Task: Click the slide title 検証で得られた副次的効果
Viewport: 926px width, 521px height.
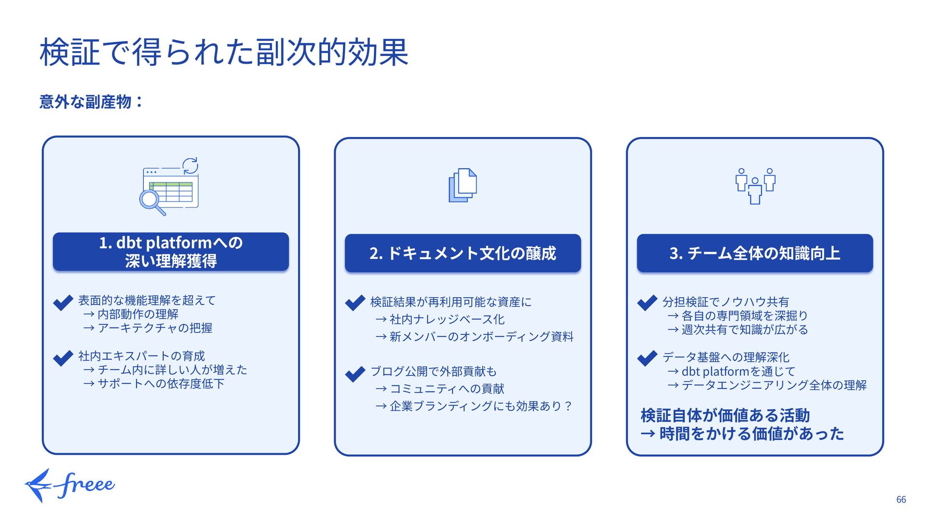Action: [224, 52]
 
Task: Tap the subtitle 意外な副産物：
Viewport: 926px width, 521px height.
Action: [91, 102]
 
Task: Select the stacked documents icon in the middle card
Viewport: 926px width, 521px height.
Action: [463, 185]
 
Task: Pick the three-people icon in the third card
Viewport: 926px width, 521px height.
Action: [755, 186]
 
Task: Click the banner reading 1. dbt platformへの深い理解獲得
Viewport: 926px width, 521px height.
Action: [171, 252]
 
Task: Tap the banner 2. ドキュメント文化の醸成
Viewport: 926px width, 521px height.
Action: [463, 253]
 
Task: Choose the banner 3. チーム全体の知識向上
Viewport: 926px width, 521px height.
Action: [755, 253]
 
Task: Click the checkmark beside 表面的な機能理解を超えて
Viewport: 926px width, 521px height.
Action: [63, 302]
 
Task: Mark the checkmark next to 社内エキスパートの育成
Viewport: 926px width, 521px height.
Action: [63, 358]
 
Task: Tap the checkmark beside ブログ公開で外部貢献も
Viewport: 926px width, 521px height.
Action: [355, 373]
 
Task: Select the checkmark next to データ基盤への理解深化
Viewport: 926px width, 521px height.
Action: [647, 358]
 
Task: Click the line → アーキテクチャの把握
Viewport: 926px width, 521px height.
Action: [148, 328]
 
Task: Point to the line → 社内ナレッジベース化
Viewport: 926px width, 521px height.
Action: [440, 319]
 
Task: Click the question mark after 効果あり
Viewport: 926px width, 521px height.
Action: [568, 406]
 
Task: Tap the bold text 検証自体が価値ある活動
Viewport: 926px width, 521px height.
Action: [725, 415]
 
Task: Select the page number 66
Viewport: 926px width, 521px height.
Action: [901, 500]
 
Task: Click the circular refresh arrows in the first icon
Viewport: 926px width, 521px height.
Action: [191, 165]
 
